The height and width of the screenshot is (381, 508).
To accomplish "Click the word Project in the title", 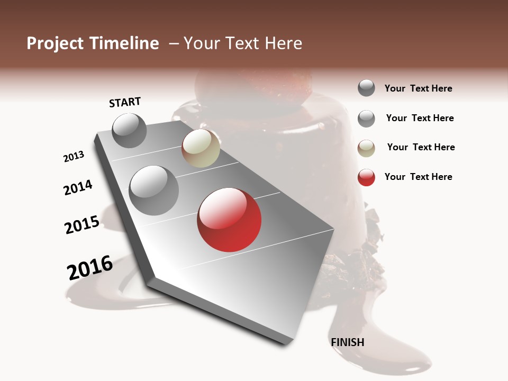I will click(x=55, y=43).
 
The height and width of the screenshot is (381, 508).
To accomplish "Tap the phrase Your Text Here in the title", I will click(x=243, y=43).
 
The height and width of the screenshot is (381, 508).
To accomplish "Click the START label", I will click(x=125, y=102).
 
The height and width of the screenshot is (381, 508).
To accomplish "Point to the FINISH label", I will click(x=348, y=342).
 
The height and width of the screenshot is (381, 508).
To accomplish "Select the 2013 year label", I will click(x=74, y=157).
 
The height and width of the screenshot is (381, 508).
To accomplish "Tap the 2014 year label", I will click(x=78, y=188).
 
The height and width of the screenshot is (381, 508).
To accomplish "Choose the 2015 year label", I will click(x=82, y=225).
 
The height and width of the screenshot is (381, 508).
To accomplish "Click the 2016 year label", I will click(x=90, y=267).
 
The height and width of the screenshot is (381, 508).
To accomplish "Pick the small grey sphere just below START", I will click(x=129, y=130).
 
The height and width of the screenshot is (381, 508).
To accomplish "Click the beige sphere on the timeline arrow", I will click(x=201, y=148).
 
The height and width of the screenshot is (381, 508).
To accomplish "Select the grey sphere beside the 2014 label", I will click(x=153, y=190).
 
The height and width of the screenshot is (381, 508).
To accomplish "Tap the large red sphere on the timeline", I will click(x=229, y=220).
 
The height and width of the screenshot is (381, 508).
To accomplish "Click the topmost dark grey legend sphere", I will click(x=366, y=88).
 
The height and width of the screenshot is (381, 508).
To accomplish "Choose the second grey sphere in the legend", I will click(x=366, y=119).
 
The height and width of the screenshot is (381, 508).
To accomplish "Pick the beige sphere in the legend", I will click(x=366, y=148).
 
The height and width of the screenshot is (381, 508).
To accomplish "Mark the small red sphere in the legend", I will click(x=366, y=177).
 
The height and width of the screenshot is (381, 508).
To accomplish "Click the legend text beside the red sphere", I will click(x=418, y=177).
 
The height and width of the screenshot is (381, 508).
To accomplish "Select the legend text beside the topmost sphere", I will click(x=418, y=88).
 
